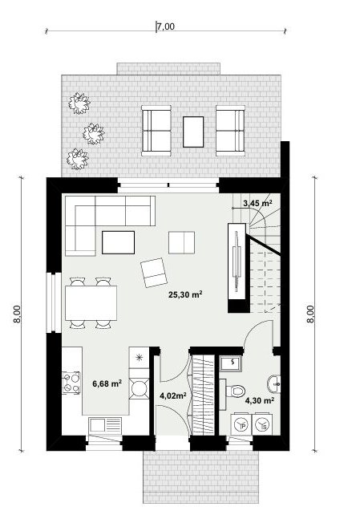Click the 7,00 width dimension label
pos(166,26)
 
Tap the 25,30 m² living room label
pos(185,294)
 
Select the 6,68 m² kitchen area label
pos(107,383)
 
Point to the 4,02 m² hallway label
pos(173,395)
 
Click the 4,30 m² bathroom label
pos(260,400)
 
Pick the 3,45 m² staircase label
pos(257,203)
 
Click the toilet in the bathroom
pos(236,391)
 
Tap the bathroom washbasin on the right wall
pos(273,383)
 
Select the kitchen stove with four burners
pos(71,383)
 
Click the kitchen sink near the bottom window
pos(105,424)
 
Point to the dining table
pos(91,303)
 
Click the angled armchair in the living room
pos(154,273)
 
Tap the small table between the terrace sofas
pos(193,132)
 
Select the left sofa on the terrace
pos(156,131)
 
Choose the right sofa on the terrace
pos(230,131)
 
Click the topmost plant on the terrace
pos(79,103)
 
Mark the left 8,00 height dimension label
pos(17,314)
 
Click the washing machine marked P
pos(242,425)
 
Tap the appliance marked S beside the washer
pos(262,425)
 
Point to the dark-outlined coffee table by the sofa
pos(118,242)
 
